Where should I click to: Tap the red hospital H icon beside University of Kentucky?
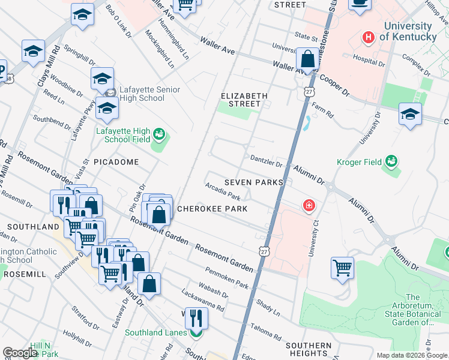pos(369,37)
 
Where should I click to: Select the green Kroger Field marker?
pos(391,161)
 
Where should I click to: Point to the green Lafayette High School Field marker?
pos(159,134)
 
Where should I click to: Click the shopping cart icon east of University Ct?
pos(342,268)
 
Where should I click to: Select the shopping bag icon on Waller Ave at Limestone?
pos(307,59)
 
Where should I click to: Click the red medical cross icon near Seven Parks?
pos(309,206)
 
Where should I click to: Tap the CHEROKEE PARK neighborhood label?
pos(212,209)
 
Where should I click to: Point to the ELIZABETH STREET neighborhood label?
pos(244,100)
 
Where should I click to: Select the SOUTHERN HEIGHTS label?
pos(308,350)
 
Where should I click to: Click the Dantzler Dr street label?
pos(266,161)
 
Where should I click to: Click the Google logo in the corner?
pos(20,353)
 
